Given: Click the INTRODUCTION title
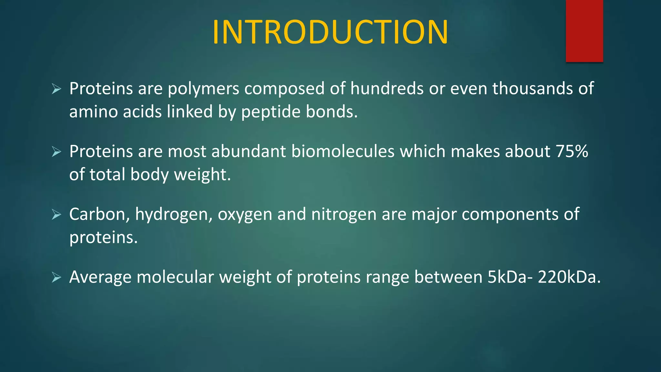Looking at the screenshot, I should point(330,32).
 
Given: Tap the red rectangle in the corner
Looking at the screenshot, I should point(584,31).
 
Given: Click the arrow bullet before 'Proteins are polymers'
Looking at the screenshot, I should point(56,88).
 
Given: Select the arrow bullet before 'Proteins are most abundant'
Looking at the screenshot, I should point(56,151).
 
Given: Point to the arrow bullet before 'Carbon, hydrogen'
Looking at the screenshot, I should point(56,214).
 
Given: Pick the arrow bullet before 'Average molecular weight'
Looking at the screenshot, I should point(56,277).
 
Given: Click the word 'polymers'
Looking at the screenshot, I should point(203,89).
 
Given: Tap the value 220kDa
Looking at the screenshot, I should point(569,277).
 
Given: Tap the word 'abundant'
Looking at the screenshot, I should point(249,151).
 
